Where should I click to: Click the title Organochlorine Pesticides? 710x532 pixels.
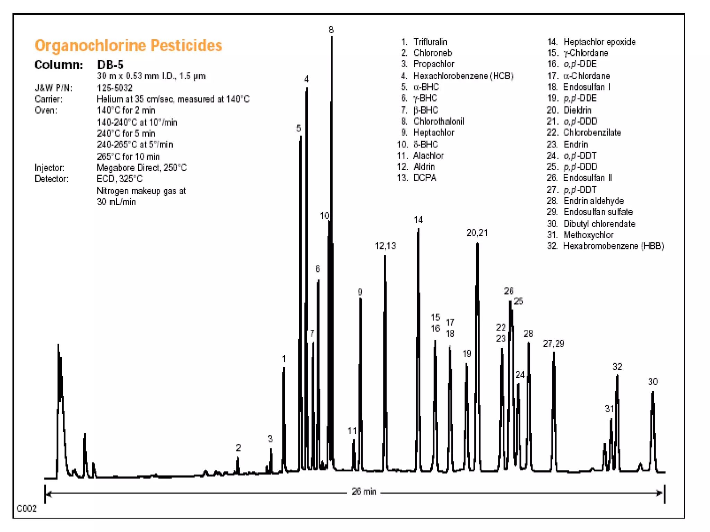pos(128,45)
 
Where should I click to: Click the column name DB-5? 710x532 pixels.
pos(110,65)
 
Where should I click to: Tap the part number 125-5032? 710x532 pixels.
pos(114,88)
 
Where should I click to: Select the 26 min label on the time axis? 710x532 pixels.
pos(364,491)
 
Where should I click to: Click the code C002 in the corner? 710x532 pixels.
pos(26,508)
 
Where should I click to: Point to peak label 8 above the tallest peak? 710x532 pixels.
pos(331,30)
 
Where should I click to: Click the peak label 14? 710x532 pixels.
pos(418,220)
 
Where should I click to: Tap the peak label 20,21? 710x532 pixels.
pos(477,233)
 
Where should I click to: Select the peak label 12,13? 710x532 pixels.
pos(385,246)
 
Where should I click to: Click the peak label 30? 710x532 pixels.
pos(653,382)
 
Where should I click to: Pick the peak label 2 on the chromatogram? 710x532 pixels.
pos(238,448)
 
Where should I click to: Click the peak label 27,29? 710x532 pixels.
pos(553,344)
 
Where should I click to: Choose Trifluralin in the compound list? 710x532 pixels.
pos(430,42)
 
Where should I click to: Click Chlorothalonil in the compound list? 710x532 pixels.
pos(439,121)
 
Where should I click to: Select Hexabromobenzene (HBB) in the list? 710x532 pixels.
pos(613,246)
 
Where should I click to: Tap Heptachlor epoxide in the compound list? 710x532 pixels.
pos(599,42)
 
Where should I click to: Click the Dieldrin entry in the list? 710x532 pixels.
pos(578,110)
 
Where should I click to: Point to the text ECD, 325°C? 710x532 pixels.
pos(120,179)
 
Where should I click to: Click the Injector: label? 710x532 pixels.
pos(50,168)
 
